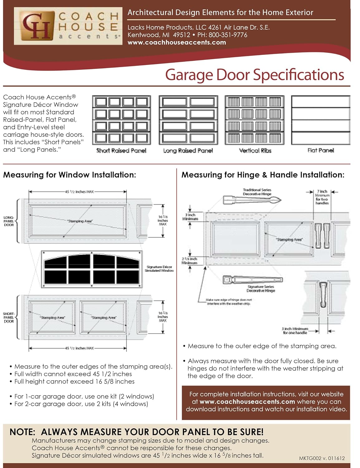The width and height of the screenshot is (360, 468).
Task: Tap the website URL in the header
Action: click(x=177, y=42)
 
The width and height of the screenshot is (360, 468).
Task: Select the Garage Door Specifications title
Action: click(x=254, y=75)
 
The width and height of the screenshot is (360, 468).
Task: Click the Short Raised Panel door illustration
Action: click(x=122, y=120)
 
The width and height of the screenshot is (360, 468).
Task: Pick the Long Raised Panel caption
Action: click(x=188, y=151)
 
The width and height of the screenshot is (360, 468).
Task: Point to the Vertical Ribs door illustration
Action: click(x=255, y=120)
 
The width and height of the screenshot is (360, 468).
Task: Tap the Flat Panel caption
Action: click(x=320, y=150)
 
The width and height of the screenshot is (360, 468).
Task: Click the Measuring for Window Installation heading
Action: click(x=70, y=175)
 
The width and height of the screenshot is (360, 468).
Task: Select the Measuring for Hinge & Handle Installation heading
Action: click(x=263, y=175)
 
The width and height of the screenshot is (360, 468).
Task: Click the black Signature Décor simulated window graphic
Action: click(x=92, y=269)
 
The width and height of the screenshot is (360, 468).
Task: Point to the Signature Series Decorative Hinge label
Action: click(x=261, y=289)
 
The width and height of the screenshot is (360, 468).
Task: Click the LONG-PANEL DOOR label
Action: click(x=9, y=221)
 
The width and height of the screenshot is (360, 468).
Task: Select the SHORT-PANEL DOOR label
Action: click(x=9, y=317)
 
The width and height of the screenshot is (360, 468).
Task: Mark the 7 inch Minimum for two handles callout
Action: click(x=322, y=197)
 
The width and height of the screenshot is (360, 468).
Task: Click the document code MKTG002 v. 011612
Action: click(x=322, y=458)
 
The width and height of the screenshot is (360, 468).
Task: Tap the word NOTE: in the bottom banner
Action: click(x=23, y=432)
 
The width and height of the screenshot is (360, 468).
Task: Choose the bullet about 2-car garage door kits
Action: click(x=81, y=404)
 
